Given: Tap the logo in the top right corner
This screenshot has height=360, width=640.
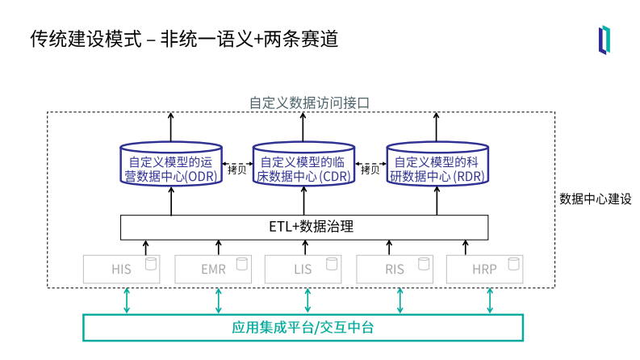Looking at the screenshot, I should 604,40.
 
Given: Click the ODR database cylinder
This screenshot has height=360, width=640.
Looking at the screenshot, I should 170,168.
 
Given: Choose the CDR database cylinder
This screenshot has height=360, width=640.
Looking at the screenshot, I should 303,168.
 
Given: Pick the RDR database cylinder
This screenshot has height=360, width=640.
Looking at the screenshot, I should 437,168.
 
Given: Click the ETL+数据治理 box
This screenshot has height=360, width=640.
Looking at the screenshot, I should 304,227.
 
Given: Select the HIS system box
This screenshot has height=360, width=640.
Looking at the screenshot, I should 122,269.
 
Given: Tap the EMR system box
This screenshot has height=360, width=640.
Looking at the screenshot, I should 213,269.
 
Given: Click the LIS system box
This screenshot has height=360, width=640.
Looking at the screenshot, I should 303,269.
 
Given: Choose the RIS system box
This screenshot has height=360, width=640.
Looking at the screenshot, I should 395,269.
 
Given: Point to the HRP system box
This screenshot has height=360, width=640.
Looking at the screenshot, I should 485,269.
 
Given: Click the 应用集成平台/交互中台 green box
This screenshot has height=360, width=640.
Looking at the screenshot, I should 303,327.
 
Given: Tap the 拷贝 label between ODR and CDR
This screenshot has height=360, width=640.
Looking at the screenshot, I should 236,170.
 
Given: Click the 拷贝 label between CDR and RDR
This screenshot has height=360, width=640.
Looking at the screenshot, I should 370,170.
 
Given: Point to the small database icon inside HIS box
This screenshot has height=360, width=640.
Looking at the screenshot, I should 149,263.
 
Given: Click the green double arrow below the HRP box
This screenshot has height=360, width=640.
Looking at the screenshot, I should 490,300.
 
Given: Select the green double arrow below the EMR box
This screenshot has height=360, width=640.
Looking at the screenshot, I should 218,300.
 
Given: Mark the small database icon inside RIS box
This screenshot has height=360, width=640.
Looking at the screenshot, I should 421,263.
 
